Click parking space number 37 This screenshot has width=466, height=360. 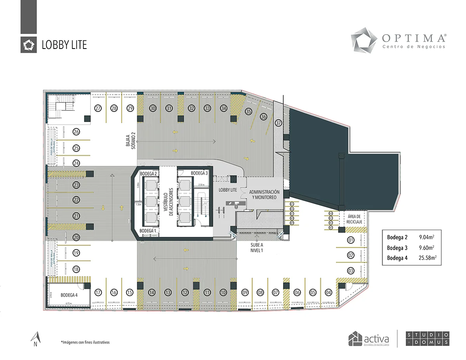point(278,123)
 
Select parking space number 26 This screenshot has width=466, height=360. point(76,132)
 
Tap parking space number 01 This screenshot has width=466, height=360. point(351,240)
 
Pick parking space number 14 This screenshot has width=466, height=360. point(152,292)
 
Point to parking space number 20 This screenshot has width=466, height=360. point(76,237)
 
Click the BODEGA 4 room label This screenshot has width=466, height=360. point(69,295)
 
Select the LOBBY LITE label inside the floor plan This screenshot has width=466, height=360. point(228,190)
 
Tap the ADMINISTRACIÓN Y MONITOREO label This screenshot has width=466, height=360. point(264,195)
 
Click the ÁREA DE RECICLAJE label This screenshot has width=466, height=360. point(354,219)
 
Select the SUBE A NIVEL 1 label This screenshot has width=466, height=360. point(257,247)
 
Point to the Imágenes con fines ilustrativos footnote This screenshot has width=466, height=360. point(85,343)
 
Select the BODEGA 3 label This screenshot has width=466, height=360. point(199,173)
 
